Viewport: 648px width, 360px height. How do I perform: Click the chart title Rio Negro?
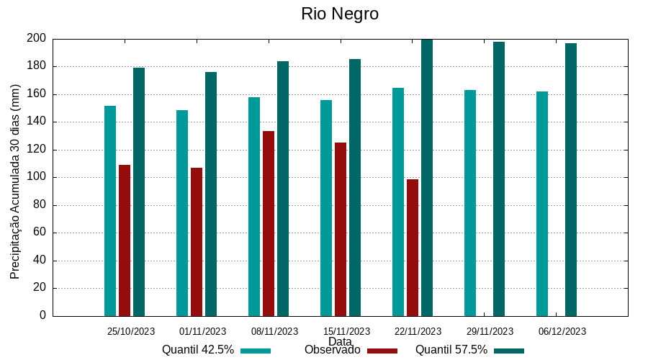coord(340,14)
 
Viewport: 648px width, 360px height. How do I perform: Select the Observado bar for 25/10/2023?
coord(125,240)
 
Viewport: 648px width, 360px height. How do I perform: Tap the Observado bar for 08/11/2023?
coord(269,223)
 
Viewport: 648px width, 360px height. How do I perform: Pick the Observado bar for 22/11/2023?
coord(413,248)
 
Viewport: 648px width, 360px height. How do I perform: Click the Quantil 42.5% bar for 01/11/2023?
coord(182,213)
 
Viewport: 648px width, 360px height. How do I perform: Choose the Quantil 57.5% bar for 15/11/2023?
coord(355,187)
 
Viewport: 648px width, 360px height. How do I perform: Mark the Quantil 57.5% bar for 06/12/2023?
coord(571,179)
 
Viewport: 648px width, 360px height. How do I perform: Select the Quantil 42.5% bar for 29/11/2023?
coord(470,203)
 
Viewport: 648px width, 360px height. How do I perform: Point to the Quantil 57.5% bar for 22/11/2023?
coord(427,177)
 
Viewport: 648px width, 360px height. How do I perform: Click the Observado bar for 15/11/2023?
coord(341,229)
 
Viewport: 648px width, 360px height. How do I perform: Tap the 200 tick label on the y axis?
coord(37,38)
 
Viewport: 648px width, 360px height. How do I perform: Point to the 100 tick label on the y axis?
coord(37,177)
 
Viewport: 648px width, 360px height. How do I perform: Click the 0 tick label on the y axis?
coord(42,315)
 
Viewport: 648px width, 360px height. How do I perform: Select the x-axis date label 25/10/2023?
coord(131,332)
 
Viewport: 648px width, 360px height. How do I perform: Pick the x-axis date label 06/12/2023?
coord(562,332)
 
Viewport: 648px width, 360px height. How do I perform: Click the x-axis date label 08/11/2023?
coord(274,332)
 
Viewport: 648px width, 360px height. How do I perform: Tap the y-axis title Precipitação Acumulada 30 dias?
coord(15,181)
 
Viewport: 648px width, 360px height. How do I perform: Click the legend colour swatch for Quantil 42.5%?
coord(256,351)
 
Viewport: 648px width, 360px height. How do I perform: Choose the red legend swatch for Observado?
coord(382,351)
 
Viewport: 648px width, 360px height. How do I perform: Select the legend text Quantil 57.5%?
coord(451,350)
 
